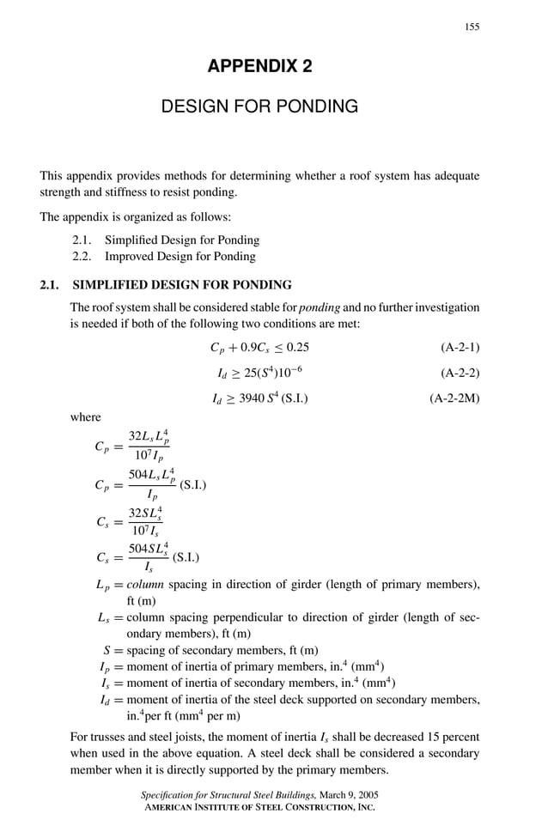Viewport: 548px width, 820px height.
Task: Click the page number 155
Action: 472,27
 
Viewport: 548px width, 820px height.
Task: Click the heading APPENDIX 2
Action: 259,67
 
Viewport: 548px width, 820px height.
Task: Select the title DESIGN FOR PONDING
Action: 259,106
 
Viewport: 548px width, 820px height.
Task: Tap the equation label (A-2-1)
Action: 460,348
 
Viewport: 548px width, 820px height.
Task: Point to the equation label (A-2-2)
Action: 460,374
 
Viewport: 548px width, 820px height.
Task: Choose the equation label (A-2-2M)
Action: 454,398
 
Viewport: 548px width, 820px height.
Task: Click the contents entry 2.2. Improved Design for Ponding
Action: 164,256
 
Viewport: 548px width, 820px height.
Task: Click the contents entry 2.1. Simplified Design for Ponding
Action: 165,240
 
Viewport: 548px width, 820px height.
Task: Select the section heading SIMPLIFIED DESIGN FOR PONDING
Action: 182,285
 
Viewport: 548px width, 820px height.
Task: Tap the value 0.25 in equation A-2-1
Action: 296,348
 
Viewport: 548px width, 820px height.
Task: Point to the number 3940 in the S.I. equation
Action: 253,398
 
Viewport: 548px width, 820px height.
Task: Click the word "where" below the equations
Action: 85,417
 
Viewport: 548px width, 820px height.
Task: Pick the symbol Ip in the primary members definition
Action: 105,666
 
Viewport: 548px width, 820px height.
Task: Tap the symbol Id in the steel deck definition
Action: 105,700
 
